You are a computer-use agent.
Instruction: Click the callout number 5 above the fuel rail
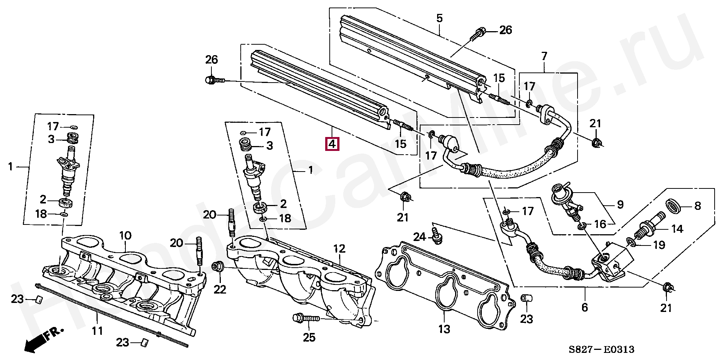pyautogui.click(x=440, y=18)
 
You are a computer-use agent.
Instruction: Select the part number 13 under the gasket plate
pyautogui.click(x=444, y=330)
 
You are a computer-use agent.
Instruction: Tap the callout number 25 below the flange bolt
pyautogui.click(x=309, y=338)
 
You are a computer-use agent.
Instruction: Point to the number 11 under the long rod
pyautogui.click(x=97, y=331)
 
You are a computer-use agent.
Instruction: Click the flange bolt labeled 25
pyautogui.click(x=305, y=318)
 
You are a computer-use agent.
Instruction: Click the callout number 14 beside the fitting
pyautogui.click(x=677, y=228)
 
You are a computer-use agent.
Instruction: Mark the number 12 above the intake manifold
pyautogui.click(x=339, y=249)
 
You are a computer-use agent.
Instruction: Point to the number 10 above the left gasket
pyautogui.click(x=125, y=236)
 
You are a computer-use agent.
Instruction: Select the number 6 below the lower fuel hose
pyautogui.click(x=584, y=307)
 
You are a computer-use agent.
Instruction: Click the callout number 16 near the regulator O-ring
pyautogui.click(x=600, y=224)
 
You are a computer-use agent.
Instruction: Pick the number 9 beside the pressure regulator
pyautogui.click(x=620, y=205)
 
